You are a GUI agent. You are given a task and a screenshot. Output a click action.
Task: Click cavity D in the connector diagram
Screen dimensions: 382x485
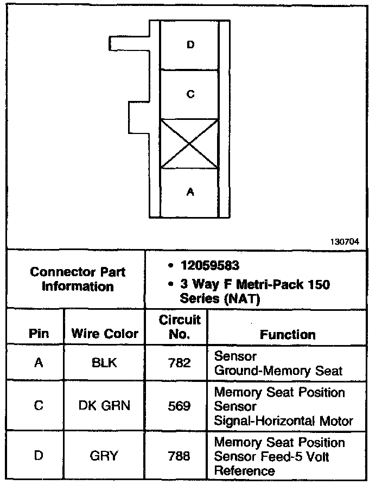[x=190, y=44]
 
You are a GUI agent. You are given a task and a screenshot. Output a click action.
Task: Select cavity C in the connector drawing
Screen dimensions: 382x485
[x=190, y=94]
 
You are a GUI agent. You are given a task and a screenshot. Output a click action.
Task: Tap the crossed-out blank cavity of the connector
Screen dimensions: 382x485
[x=190, y=144]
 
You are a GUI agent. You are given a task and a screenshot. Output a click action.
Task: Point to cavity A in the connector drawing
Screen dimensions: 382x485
[x=190, y=192]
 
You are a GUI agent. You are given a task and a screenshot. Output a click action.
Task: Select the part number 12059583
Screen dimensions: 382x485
[x=211, y=266]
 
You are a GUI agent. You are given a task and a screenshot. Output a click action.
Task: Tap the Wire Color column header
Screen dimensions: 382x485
[x=105, y=334]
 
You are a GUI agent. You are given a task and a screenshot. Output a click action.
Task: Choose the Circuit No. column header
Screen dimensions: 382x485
[x=179, y=327]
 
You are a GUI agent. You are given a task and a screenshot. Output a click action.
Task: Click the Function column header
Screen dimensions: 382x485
[x=288, y=334]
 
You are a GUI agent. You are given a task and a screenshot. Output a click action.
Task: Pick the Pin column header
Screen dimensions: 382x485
[x=39, y=334]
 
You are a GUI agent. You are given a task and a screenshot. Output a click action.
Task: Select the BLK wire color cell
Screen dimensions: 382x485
[x=105, y=363]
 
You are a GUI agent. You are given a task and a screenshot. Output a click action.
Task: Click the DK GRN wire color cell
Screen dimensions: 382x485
[x=105, y=405]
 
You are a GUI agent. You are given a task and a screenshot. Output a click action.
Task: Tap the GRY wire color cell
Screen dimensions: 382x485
[x=105, y=456]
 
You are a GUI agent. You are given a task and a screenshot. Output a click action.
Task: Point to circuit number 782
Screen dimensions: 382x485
[x=179, y=363]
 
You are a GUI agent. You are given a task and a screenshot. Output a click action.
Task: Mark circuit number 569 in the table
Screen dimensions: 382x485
[x=179, y=405]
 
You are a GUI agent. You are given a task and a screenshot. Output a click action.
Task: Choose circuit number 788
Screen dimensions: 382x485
[x=179, y=456]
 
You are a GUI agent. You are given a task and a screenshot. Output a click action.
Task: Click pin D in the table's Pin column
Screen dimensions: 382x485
[x=39, y=456]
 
